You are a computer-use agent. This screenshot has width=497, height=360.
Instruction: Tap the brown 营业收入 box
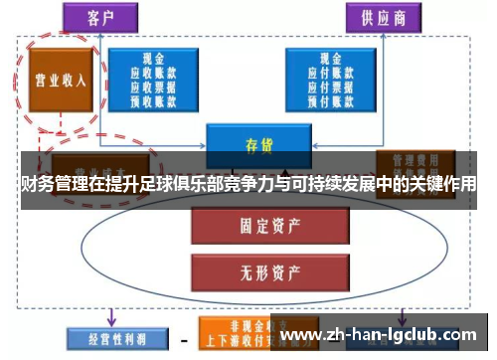61,80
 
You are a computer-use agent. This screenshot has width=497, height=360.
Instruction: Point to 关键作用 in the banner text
436,185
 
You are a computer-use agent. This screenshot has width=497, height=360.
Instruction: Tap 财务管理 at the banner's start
44,185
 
